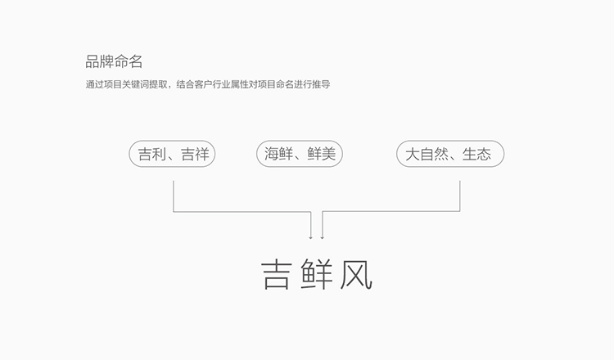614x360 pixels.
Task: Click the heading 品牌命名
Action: [114, 61]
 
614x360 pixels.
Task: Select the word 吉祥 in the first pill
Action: [195, 154]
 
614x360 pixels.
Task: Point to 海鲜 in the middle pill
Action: [278, 154]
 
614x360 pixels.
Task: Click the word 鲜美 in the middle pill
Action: [322, 154]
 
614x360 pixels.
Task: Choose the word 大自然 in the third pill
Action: [427, 154]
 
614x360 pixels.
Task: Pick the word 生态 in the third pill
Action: [476, 154]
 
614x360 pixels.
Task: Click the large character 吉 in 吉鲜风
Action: [277, 275]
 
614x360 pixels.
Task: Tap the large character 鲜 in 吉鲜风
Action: [317, 275]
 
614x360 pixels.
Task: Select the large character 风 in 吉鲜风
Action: [356, 275]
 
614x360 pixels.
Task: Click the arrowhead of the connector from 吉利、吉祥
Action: [311, 237]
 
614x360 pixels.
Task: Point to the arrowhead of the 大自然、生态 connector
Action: [323, 237]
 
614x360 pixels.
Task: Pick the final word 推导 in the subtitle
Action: [321, 84]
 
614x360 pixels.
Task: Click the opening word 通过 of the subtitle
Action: [95, 84]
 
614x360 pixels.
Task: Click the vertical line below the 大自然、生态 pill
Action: [460, 196]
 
